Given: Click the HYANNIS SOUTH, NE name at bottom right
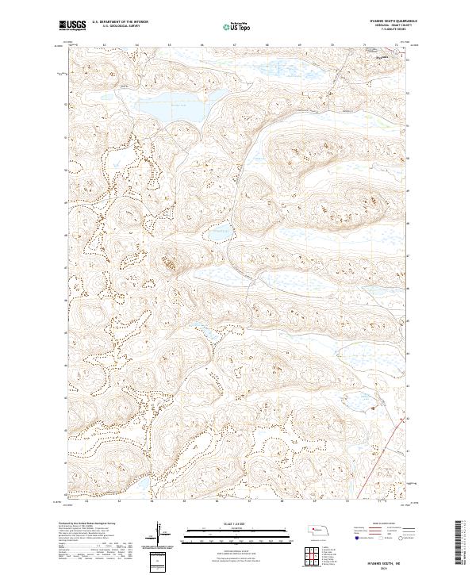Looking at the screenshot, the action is click(x=386, y=560).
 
